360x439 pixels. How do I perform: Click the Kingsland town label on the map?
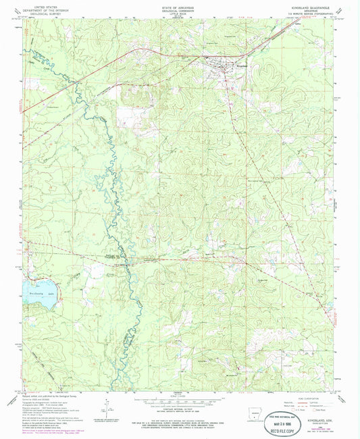coord(222,66)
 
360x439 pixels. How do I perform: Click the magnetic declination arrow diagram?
coord(106,405)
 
